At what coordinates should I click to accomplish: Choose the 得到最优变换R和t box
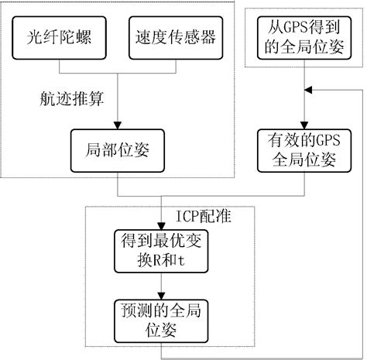pyautogui.click(x=159, y=252)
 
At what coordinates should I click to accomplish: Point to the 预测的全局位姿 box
pyautogui.click(x=159, y=320)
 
